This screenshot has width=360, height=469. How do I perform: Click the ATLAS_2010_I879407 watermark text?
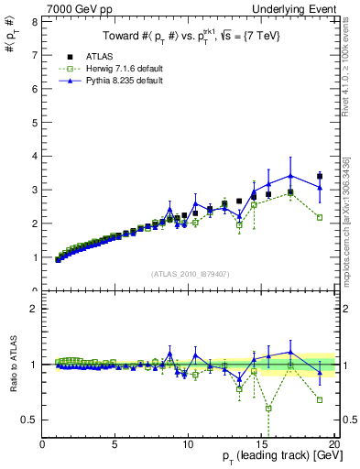(189, 274)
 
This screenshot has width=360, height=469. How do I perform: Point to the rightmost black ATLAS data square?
(319, 176)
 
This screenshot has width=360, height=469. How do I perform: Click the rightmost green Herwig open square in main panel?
(319, 217)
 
